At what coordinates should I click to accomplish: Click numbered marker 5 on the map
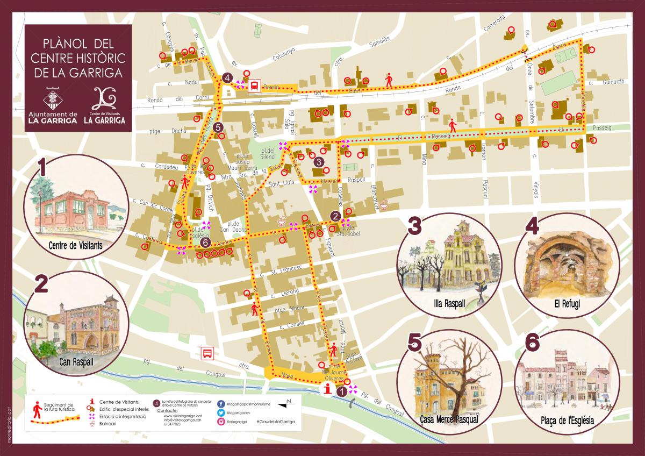click(x=217, y=127)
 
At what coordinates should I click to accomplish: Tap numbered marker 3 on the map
click(x=319, y=161)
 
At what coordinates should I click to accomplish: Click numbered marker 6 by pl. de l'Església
click(x=205, y=243)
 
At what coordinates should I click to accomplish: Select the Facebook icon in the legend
click(x=221, y=403)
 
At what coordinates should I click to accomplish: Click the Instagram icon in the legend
click(x=221, y=423)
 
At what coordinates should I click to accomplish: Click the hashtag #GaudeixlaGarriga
click(x=275, y=423)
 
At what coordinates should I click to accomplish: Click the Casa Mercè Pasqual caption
click(x=448, y=419)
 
